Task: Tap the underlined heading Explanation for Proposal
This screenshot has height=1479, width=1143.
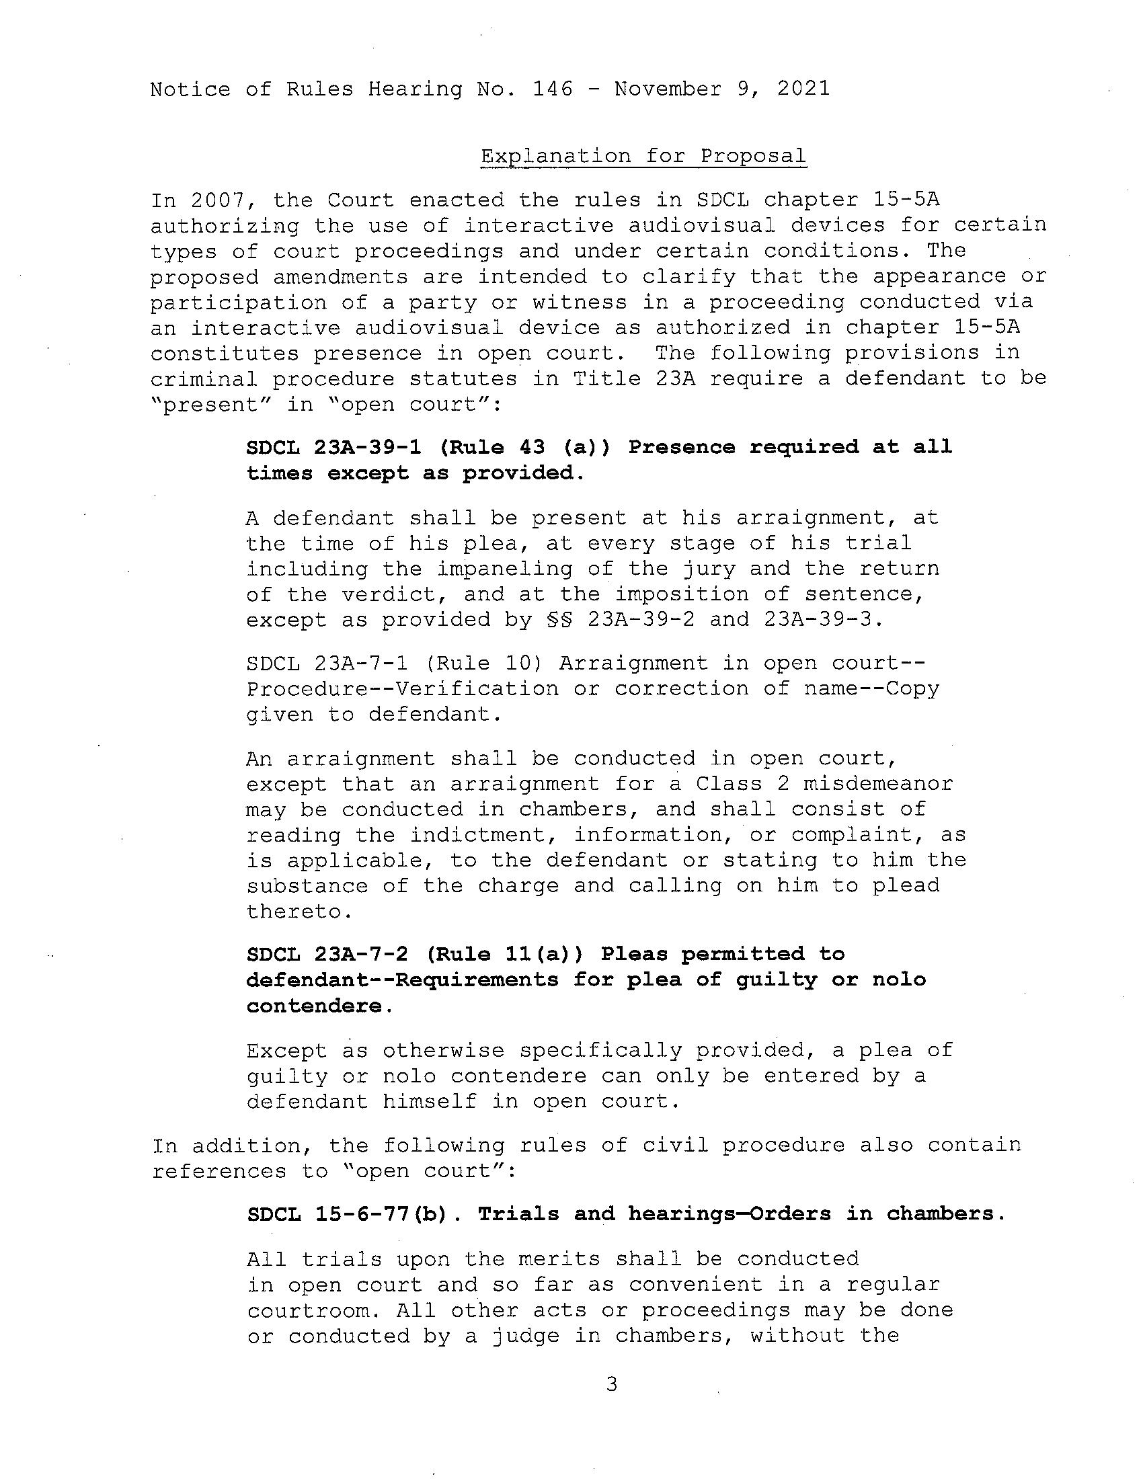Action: pyautogui.click(x=643, y=157)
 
